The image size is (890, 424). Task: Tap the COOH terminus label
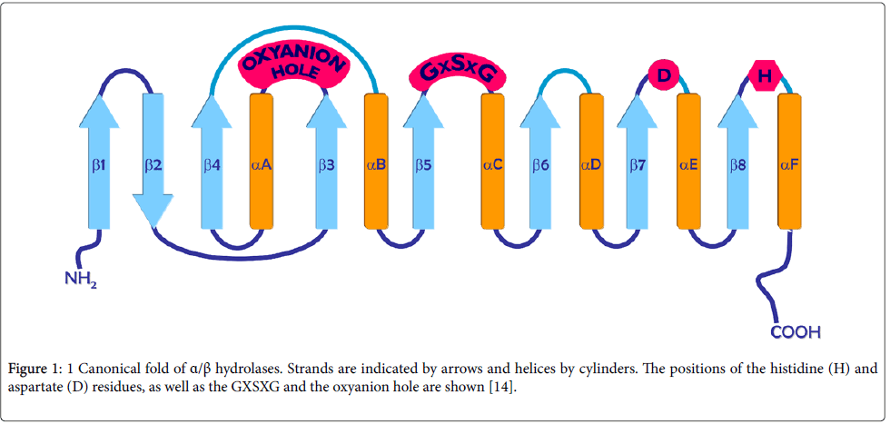click(x=795, y=332)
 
